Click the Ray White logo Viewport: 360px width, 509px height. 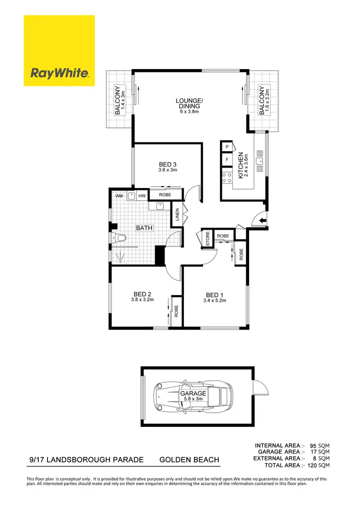60,51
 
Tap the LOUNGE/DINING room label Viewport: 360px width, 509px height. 189,103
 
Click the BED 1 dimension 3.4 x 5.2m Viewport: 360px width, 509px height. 215,301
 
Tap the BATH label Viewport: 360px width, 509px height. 144,228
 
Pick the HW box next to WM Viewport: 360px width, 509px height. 142,196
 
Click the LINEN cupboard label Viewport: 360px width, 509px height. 177,214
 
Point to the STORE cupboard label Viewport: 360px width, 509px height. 208,238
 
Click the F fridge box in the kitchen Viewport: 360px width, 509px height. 226,159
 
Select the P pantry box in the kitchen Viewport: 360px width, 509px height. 226,146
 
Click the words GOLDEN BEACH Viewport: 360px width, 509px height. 189,460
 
